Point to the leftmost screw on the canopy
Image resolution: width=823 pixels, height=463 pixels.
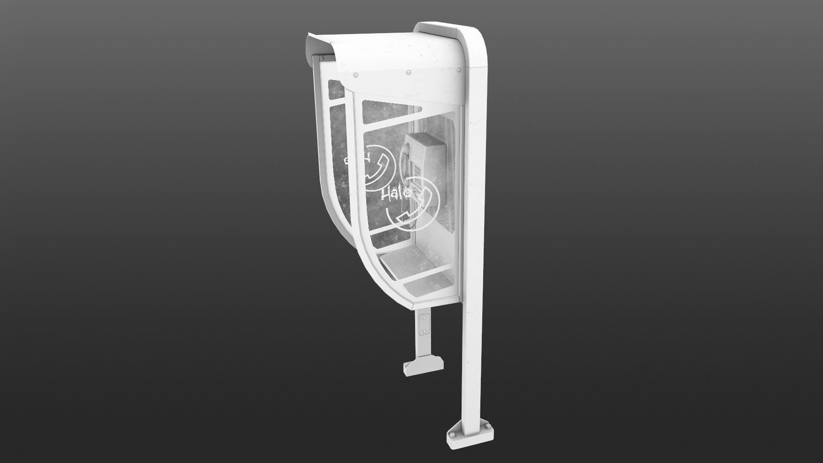click(356, 76)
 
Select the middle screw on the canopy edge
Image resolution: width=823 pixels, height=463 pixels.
click(408, 72)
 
